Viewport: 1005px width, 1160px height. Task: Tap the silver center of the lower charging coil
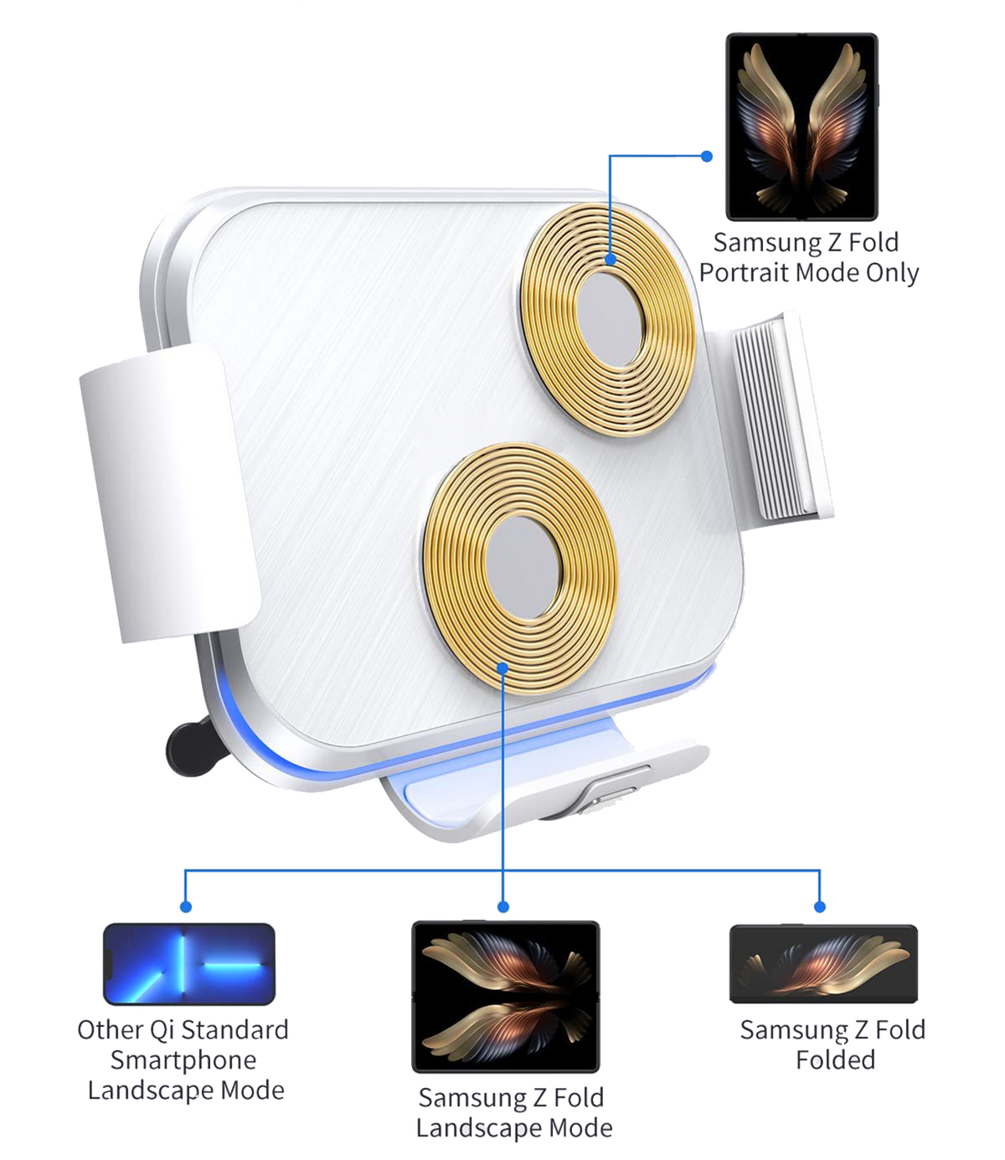pyautogui.click(x=520, y=560)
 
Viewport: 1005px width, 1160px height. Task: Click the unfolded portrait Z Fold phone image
pyautogui.click(x=801, y=125)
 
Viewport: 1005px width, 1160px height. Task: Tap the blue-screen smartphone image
pyautogui.click(x=189, y=963)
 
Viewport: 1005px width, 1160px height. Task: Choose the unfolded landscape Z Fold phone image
pyautogui.click(x=506, y=996)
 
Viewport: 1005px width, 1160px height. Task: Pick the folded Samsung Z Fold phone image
pyautogui.click(x=823, y=962)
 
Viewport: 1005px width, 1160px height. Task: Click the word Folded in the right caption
pyautogui.click(x=835, y=1059)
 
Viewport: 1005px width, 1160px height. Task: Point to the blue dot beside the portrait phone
pyautogui.click(x=707, y=156)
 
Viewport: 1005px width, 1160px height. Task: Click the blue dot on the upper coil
pyautogui.click(x=611, y=260)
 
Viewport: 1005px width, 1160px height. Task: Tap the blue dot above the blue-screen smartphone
pyautogui.click(x=185, y=906)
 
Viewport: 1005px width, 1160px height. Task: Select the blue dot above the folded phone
pyautogui.click(x=821, y=906)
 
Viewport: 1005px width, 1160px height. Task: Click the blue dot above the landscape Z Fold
pyautogui.click(x=502, y=906)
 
